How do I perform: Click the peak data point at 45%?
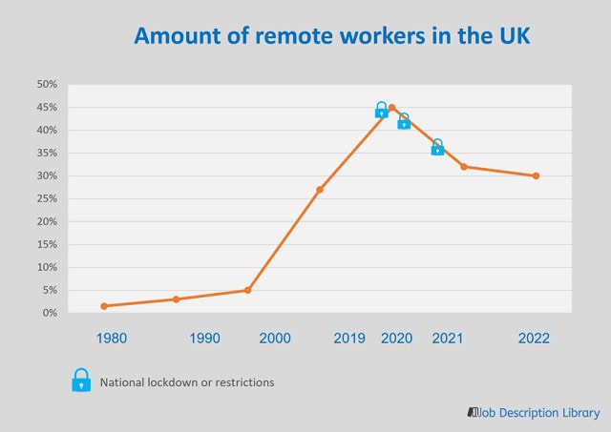(391, 108)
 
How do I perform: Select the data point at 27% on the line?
(320, 190)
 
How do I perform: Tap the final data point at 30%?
(536, 175)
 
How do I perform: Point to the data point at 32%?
(464, 167)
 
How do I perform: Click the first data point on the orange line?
(104, 306)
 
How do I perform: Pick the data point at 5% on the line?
(248, 290)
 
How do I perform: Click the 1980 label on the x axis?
(111, 339)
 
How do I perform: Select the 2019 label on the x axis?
(349, 339)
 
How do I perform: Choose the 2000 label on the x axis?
(275, 339)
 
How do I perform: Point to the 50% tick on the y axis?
(47, 84)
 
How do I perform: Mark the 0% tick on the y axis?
(50, 313)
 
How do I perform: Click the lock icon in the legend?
(82, 381)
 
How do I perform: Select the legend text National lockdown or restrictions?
(187, 382)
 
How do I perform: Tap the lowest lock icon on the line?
(437, 147)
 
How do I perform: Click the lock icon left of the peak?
(381, 110)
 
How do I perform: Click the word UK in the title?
(508, 36)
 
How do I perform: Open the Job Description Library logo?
(534, 412)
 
